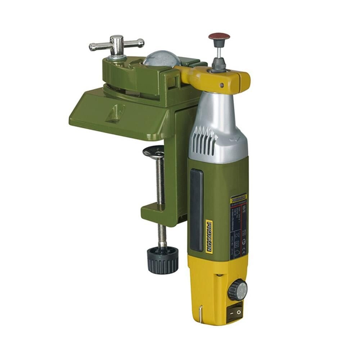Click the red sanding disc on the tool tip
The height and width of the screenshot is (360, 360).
[x=219, y=36]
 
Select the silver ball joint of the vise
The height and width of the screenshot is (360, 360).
[x=162, y=59]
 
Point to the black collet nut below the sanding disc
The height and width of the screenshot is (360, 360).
[x=219, y=65]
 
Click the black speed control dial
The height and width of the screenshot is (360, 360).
[x=238, y=290]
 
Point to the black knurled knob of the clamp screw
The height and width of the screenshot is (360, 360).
[x=162, y=260]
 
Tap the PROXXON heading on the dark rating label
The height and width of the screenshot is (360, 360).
[x=239, y=199]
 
